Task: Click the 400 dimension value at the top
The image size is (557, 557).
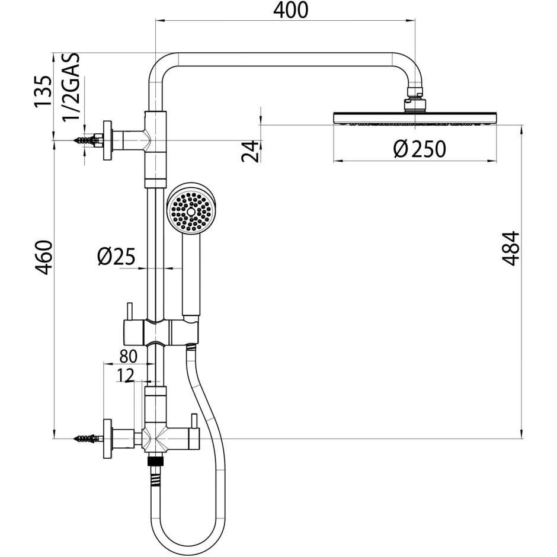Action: tap(291, 10)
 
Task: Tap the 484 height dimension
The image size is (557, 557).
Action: tap(510, 248)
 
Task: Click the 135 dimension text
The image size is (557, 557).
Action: tap(43, 91)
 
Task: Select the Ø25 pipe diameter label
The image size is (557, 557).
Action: tap(117, 257)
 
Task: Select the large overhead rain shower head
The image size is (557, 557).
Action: tap(414, 119)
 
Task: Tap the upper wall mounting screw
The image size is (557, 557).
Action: tap(86, 140)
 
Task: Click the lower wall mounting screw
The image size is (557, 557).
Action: tap(86, 439)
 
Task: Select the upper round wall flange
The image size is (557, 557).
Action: tap(107, 140)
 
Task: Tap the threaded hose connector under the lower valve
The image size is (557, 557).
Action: tap(155, 460)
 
